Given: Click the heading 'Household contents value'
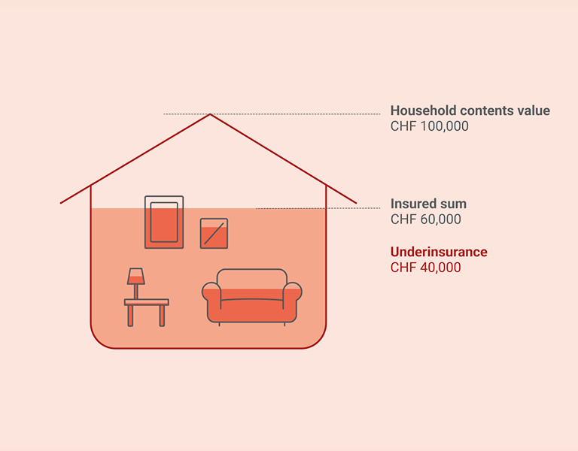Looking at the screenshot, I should tap(470, 111).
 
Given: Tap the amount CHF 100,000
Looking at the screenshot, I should tap(429, 127).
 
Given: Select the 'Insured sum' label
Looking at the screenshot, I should tap(428, 204).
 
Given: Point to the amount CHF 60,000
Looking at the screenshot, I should tap(425, 220).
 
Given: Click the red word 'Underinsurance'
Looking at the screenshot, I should tap(439, 252).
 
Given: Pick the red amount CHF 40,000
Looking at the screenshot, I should tap(425, 268).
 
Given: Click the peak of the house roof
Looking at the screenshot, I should tap(210, 115).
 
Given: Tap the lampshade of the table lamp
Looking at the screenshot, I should tap(135, 276).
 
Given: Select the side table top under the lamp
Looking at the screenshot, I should tap(147, 302).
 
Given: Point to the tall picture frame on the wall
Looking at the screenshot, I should tap(164, 222).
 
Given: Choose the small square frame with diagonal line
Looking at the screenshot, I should tap(214, 233).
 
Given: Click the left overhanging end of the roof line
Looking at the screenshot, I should tap(63, 201).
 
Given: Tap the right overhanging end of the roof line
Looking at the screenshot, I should tap(354, 201).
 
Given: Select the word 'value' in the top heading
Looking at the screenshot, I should tap(534, 111).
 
